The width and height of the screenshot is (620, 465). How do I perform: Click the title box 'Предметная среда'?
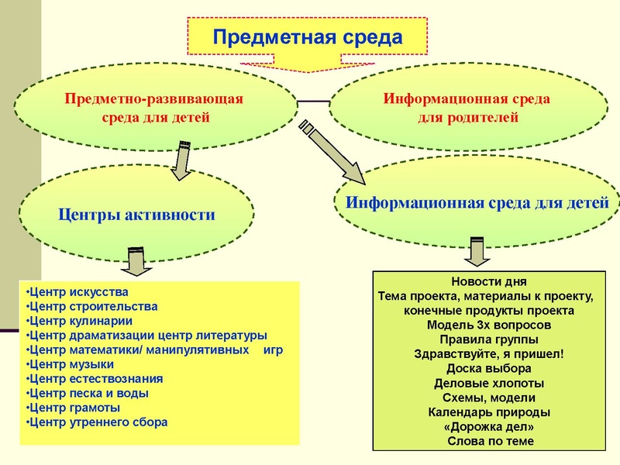click(x=308, y=37)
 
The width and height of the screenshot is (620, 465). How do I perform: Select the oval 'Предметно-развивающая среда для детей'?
click(x=155, y=108)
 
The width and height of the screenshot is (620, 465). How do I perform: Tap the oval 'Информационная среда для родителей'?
click(x=467, y=108)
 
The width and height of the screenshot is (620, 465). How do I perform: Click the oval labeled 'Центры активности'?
click(x=137, y=214)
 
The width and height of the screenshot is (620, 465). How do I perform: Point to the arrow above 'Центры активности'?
click(x=184, y=159)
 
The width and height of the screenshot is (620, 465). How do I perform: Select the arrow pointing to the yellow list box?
click(x=135, y=261)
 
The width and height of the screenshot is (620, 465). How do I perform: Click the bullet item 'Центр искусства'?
click(x=77, y=292)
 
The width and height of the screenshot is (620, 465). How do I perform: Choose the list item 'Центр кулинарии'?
click(x=79, y=320)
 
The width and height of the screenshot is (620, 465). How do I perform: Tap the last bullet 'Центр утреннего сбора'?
click(x=97, y=422)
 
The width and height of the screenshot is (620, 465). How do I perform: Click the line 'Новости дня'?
click(x=489, y=281)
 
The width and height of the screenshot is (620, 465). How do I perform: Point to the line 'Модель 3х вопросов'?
click(x=489, y=325)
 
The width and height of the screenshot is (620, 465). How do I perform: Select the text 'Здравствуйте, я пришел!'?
click(x=489, y=354)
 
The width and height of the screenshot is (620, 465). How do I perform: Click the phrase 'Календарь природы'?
click(x=489, y=412)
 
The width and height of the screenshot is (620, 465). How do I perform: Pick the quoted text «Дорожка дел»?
click(x=489, y=426)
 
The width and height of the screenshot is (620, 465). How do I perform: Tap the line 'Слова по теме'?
click(x=489, y=441)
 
